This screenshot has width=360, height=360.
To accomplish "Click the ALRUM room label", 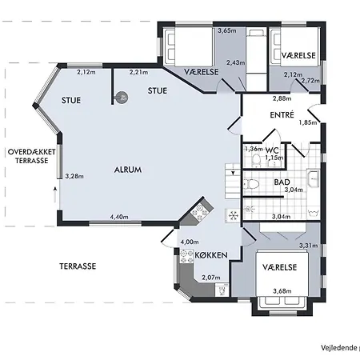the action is coord(128,170).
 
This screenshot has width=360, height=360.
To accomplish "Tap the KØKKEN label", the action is coord(211,255).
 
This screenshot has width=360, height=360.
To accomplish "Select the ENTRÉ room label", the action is coord(282,115).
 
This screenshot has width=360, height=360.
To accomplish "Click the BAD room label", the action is coord(282,182).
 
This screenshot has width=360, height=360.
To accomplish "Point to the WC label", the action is coord(272,150).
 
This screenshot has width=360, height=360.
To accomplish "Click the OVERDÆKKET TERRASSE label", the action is coord(32,156).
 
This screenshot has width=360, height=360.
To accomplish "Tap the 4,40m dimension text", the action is coord(119,217).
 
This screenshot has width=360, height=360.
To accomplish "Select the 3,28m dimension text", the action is coord(74,176).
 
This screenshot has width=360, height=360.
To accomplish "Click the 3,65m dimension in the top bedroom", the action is coord(227,30).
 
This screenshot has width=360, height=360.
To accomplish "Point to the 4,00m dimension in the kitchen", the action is coord(190,242).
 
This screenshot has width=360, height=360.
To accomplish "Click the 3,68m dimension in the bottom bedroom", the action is coord(282,291).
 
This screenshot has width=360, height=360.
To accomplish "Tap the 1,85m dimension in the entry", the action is coord(308,122).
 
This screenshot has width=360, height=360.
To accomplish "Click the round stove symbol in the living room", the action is coord(122,98).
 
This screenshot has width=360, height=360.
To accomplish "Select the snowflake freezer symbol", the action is coord(233,215).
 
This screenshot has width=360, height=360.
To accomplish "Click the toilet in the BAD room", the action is coord(251,184).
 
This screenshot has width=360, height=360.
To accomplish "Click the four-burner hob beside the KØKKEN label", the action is coord(186,256).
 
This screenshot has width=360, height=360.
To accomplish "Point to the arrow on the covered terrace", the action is coord(55,194).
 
